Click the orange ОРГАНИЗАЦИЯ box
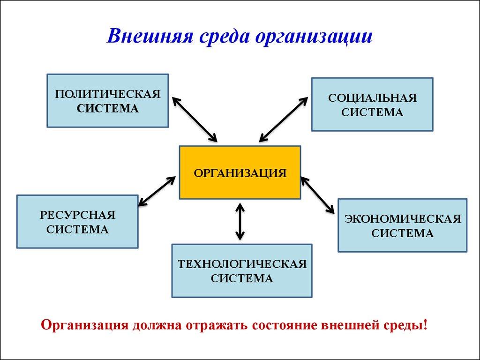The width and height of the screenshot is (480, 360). pos(240,172)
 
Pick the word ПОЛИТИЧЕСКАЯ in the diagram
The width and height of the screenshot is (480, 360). pos(108,94)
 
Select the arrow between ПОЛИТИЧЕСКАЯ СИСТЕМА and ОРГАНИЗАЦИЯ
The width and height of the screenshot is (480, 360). pos(195,119)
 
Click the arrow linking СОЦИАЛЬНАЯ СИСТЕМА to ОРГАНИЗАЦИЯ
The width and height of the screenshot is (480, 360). pos(284,119)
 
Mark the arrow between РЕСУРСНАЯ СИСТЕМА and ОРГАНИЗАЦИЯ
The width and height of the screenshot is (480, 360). pos(157,190)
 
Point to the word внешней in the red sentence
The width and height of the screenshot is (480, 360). pos(357,325)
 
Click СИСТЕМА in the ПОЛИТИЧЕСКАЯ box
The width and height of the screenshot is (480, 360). pos(108,108)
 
